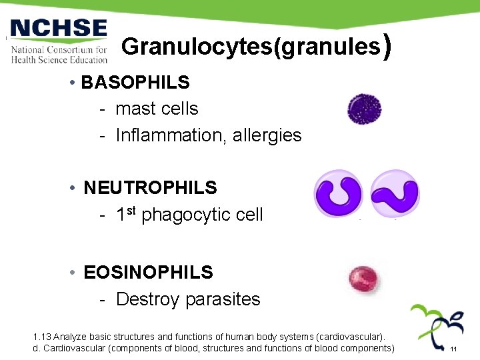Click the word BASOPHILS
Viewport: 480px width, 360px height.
(x=135, y=82)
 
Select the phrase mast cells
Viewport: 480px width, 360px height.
(x=157, y=109)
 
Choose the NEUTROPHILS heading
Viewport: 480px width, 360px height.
(x=150, y=188)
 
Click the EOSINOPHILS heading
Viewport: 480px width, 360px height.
(x=148, y=272)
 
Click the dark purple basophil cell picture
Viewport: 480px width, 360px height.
(x=364, y=109)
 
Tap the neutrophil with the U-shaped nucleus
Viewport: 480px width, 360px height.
(x=338, y=194)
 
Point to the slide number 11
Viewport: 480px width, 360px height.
(x=453, y=349)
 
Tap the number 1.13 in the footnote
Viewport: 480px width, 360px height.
(x=41, y=337)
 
